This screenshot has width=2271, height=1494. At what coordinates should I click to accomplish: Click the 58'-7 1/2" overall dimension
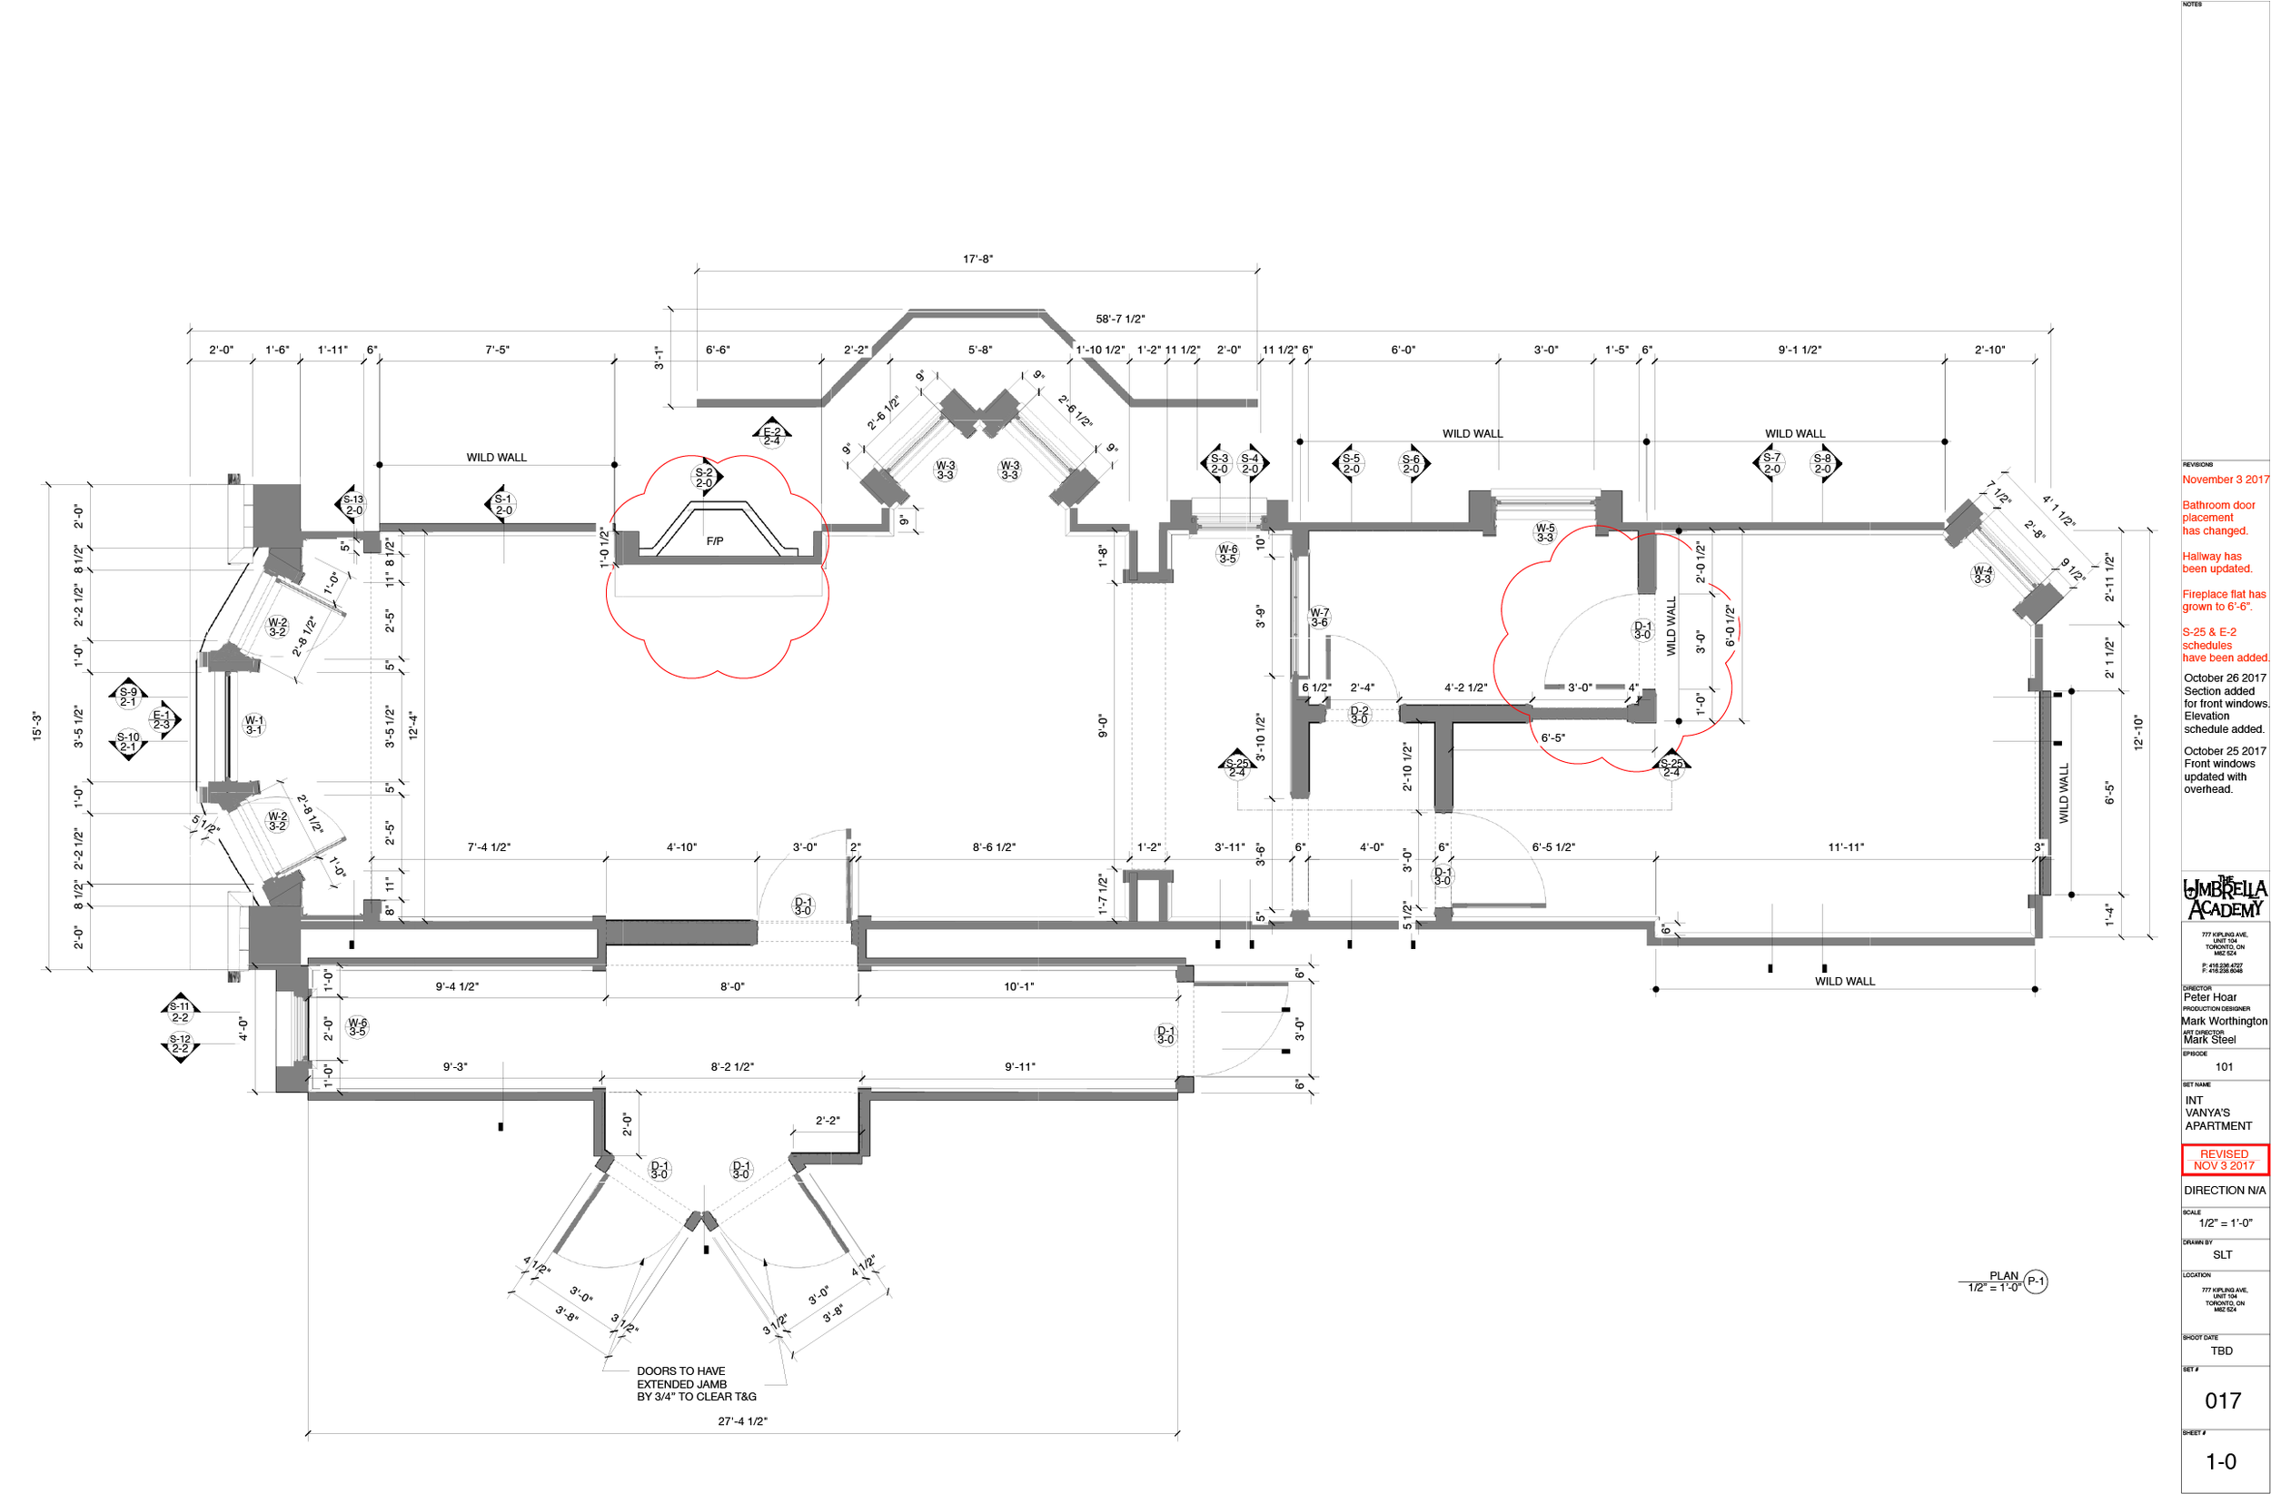tap(1119, 319)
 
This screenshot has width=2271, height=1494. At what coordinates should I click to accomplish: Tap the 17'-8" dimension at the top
tap(977, 259)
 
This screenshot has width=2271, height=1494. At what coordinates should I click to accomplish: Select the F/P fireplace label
tap(714, 541)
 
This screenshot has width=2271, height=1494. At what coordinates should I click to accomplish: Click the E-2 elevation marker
tap(771, 436)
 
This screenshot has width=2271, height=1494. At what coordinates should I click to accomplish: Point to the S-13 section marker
tap(353, 505)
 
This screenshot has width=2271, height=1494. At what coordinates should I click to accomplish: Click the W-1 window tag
tap(253, 725)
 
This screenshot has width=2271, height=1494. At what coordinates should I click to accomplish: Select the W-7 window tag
tap(1319, 618)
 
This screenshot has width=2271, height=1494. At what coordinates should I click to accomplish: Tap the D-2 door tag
tap(1359, 715)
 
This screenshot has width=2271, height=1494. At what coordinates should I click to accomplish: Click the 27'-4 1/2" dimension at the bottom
tap(741, 1420)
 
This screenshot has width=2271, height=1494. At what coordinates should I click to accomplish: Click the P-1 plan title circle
tap(2036, 1281)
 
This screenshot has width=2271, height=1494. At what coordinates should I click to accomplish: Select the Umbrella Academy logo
tap(2225, 897)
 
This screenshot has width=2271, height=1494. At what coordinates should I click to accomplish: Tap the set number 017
tap(2222, 1400)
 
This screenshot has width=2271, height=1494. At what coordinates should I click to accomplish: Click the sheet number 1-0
tap(2220, 1461)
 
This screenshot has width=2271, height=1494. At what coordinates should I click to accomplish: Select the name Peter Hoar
tap(2209, 997)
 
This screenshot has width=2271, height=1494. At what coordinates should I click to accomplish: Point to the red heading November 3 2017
tap(2225, 480)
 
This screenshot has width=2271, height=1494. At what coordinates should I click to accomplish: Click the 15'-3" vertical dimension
tap(36, 726)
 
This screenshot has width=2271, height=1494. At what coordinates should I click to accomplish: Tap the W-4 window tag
tap(1982, 574)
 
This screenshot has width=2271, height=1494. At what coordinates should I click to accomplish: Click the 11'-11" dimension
tap(1846, 847)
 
